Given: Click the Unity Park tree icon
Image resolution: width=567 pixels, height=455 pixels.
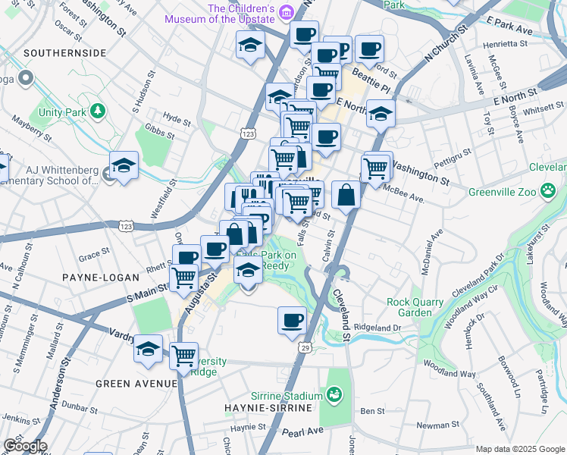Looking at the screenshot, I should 97,112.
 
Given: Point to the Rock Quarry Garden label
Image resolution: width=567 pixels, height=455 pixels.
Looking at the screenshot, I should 415,307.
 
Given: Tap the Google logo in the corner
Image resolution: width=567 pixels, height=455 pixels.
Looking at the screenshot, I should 24,446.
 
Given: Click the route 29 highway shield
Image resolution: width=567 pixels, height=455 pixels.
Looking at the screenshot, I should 305,347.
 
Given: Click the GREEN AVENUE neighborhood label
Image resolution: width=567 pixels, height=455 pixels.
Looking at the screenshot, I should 136,384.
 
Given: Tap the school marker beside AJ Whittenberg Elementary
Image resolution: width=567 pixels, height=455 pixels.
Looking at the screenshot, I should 124,166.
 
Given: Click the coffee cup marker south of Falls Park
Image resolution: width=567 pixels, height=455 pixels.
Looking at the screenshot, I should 292,320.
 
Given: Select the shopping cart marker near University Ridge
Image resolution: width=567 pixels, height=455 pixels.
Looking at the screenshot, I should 183,355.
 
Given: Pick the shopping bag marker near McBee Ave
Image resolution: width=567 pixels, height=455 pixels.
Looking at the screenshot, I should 346,195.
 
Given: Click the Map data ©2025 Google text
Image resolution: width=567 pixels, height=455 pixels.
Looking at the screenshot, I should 519,449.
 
